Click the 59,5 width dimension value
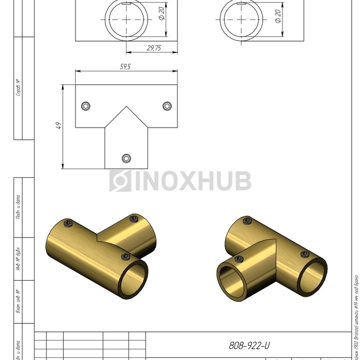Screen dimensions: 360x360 point(126,67)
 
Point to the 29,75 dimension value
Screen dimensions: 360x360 point(152,47)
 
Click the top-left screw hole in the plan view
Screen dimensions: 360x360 point(86,106)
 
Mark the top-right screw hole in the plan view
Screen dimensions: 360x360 point(167,106)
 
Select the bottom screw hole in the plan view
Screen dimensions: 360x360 point(127,158)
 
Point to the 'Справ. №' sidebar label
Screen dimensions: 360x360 point(18,88)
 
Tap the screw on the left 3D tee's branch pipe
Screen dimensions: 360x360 point(134,220)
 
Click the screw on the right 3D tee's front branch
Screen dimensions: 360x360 point(238,259)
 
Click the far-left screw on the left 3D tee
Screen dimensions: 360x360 point(67,223)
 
